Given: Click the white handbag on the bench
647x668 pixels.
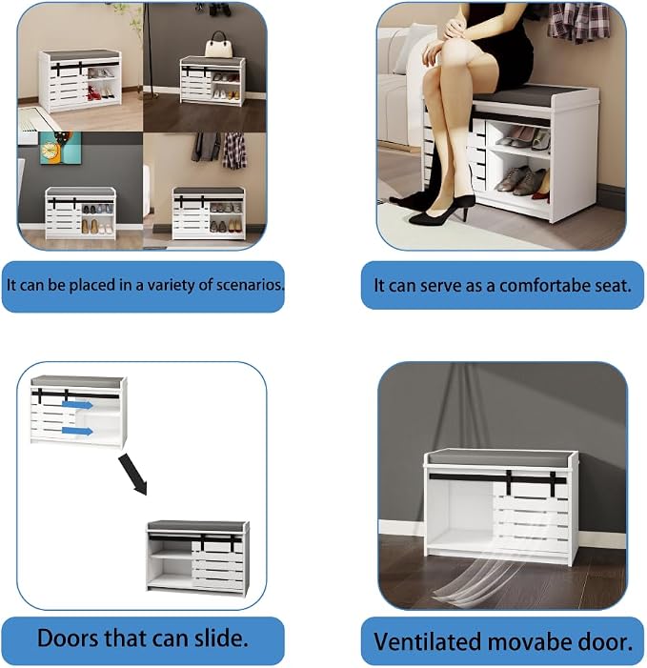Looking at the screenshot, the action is [218, 45].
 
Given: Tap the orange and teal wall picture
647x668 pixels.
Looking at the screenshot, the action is [60, 148].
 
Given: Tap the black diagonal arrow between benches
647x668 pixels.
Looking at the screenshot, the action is [132, 475].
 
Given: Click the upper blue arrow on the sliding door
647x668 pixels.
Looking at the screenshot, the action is [77, 404].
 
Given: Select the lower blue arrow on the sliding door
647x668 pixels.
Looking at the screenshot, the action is [77, 431].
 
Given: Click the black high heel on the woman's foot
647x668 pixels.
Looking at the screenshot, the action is [442, 212].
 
